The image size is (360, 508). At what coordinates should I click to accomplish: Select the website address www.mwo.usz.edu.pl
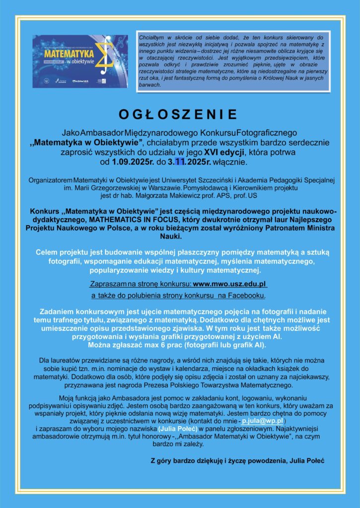(230, 284)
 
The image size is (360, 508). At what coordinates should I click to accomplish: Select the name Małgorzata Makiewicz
(195, 196)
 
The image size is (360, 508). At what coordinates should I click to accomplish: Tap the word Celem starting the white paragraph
(47, 253)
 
